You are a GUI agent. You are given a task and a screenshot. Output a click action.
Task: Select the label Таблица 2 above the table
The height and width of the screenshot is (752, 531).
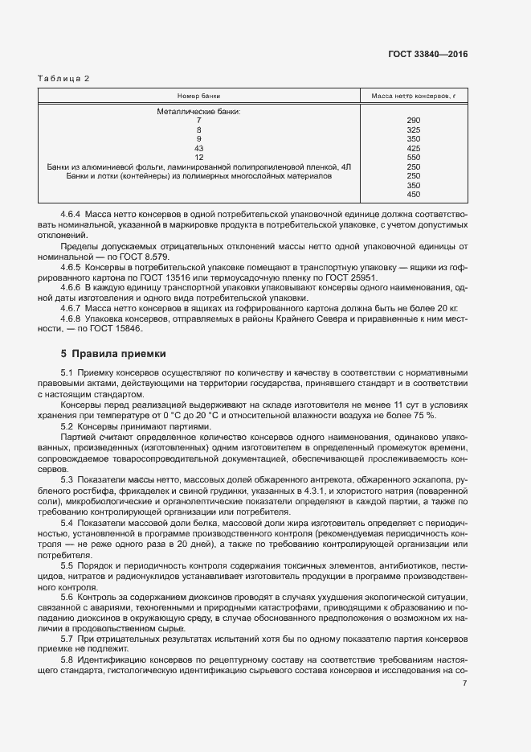tap(64, 78)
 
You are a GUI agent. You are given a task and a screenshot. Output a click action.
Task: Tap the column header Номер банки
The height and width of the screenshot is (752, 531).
tap(198, 96)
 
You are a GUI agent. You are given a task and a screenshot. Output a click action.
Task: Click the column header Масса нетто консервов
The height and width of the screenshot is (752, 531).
tap(414, 96)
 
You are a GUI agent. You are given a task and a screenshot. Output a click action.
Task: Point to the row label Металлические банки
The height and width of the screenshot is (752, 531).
tap(198, 111)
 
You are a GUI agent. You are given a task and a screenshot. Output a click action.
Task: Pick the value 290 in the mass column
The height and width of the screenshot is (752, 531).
tap(414, 121)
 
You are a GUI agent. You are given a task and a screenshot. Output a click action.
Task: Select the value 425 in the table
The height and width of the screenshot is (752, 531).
tap(414, 148)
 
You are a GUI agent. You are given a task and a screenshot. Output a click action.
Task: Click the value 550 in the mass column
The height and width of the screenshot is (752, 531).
tap(414, 158)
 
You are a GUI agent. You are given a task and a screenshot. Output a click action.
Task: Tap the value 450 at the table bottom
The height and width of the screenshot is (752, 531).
tap(414, 195)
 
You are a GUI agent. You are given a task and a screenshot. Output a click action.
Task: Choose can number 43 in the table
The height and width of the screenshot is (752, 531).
tap(198, 148)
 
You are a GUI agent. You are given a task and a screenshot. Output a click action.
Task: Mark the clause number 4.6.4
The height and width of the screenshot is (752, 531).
tap(71, 216)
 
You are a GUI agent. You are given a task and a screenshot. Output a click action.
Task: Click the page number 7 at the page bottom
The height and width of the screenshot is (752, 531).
tap(465, 684)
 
